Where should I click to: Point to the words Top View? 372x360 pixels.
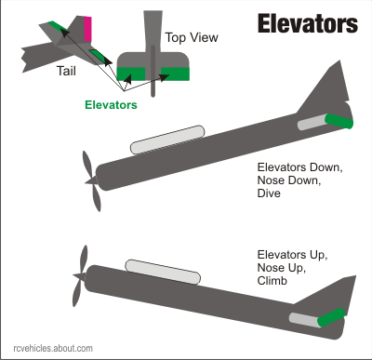pyautogui.click(x=191, y=37)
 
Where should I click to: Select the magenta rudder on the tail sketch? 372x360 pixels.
pyautogui.click(x=87, y=29)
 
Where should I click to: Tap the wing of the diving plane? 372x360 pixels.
pyautogui.click(x=166, y=140)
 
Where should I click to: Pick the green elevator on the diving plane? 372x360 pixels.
pyautogui.click(x=340, y=120)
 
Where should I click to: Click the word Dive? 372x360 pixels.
pyautogui.click(x=271, y=196)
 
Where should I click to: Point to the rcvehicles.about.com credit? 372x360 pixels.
pyautogui.click(x=47, y=349)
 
